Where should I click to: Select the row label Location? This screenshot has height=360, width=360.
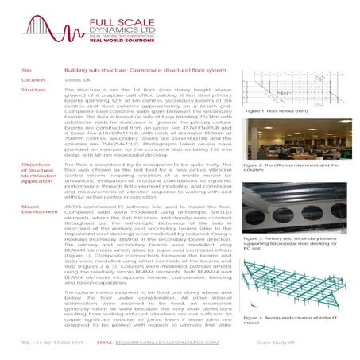(33, 80)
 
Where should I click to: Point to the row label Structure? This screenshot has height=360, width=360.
(34, 91)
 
